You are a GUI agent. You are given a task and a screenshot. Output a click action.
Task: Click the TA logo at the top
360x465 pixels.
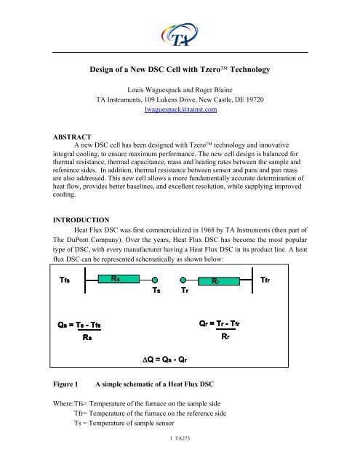click(x=179, y=33)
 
